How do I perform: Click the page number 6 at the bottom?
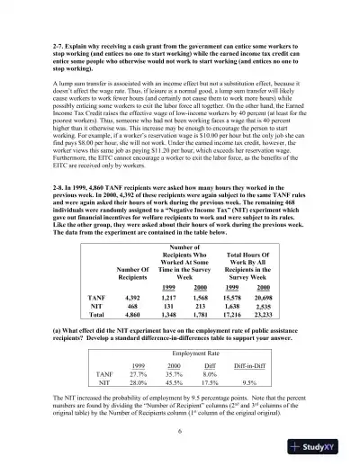[180, 430]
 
